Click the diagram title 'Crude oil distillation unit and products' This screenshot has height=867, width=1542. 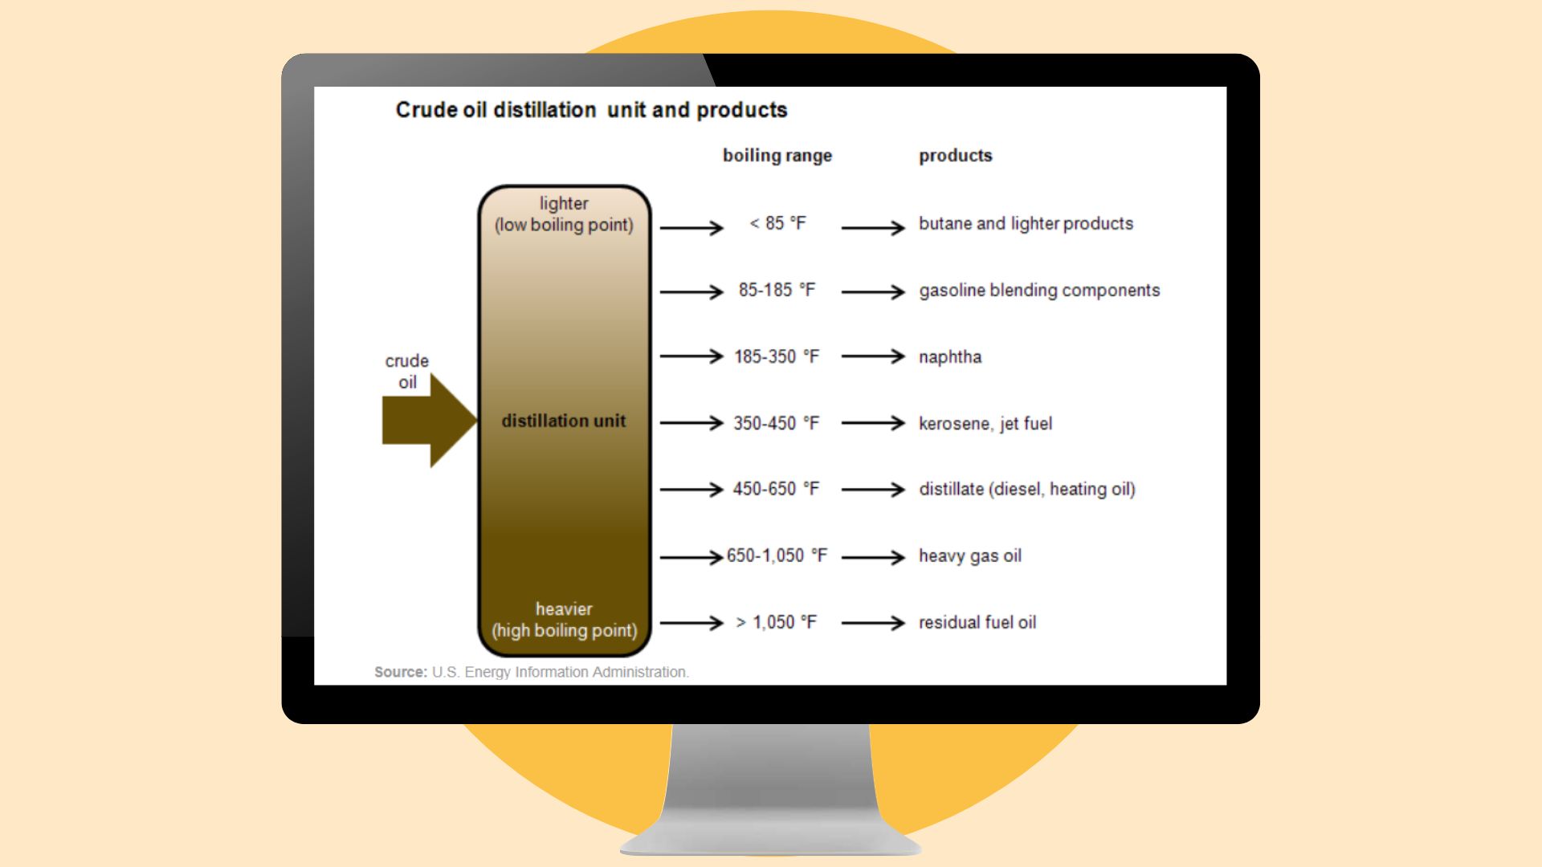point(591,110)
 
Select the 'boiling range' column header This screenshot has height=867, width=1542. point(777,156)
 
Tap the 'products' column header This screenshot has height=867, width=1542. point(956,156)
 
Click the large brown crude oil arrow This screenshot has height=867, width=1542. point(430,421)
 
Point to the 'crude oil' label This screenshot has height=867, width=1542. point(407,372)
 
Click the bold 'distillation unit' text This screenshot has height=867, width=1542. point(564,421)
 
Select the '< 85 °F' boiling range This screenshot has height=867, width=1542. point(777,223)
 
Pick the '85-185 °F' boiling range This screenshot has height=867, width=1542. point(777,290)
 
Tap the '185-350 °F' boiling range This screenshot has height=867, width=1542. point(777,356)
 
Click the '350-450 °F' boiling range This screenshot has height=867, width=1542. point(777,423)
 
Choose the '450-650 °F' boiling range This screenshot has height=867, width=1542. point(777,489)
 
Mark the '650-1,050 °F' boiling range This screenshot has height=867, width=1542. point(777,556)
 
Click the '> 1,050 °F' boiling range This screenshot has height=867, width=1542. point(777,622)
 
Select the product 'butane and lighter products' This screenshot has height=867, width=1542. point(1026,223)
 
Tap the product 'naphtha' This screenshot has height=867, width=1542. point(950,356)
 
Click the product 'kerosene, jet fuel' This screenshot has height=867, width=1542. point(985,423)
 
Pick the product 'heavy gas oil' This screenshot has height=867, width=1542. point(970,556)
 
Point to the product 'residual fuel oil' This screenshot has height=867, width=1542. point(977,622)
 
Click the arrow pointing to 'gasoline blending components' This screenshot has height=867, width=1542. point(874,292)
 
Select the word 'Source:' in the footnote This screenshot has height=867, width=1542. point(401,672)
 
